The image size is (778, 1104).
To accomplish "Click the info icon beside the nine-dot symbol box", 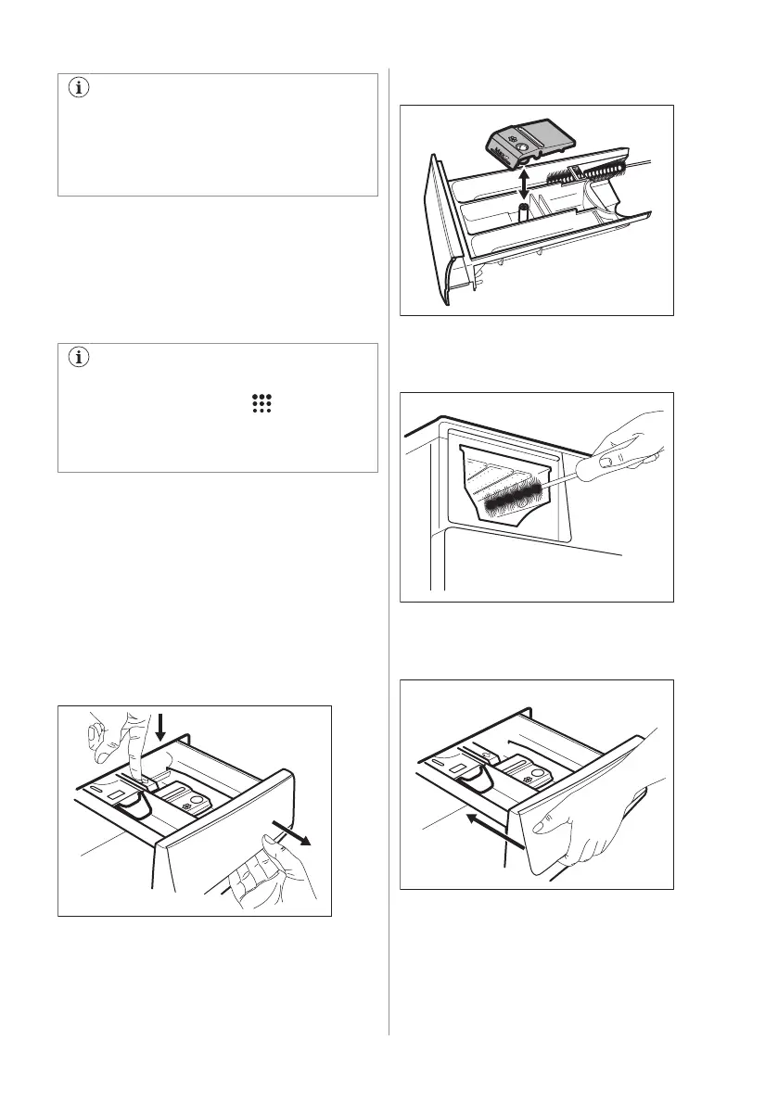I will (x=80, y=358).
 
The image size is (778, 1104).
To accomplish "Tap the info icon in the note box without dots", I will (x=80, y=88).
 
